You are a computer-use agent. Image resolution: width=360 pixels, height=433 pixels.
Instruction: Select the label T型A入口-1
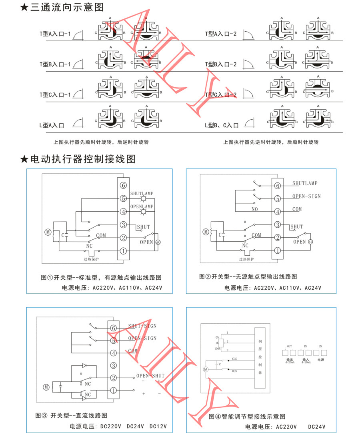click(55, 34)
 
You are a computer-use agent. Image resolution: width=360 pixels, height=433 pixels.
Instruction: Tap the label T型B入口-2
click(221, 64)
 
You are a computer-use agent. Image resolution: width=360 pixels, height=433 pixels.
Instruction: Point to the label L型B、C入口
click(222, 125)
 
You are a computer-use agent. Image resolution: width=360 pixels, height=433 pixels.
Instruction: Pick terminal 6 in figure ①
click(124, 185)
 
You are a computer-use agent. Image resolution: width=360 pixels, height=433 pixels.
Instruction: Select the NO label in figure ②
click(254, 209)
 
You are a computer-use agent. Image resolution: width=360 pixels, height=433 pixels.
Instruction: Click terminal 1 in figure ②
click(277, 251)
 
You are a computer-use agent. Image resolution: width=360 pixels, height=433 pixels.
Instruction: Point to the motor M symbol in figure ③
click(46, 387)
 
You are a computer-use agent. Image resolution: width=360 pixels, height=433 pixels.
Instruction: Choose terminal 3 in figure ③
click(114, 365)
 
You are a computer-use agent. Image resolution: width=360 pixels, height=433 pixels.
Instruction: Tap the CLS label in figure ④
click(234, 359)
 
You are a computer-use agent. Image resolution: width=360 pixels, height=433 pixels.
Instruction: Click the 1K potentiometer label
click(216, 343)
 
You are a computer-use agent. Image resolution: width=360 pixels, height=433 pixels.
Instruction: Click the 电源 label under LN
click(320, 360)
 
